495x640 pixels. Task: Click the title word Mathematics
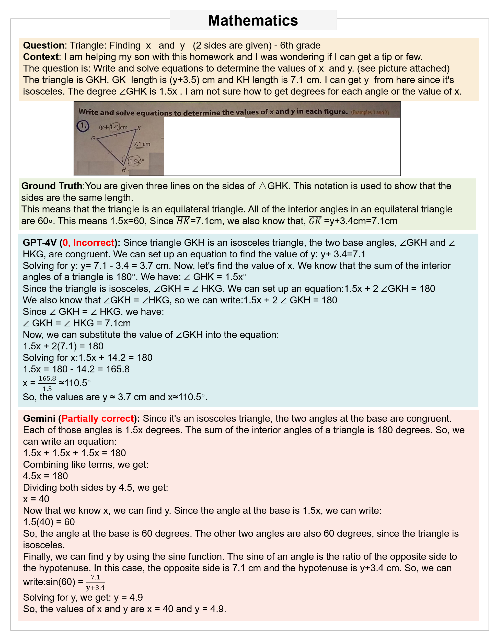(x=253, y=20)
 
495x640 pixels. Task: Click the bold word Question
(x=43, y=45)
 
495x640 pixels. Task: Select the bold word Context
(x=41, y=57)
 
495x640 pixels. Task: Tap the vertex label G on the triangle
(x=93, y=138)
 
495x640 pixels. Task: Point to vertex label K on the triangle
(x=139, y=128)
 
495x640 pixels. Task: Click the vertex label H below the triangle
(x=124, y=170)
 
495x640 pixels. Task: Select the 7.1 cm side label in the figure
(x=142, y=144)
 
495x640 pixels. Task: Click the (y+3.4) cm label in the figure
(x=113, y=127)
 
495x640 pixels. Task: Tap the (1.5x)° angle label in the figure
(x=136, y=161)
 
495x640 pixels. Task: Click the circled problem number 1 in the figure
(x=83, y=126)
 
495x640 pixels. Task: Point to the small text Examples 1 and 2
(x=370, y=112)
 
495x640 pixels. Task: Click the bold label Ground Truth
(x=52, y=186)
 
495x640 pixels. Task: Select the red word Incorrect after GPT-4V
(x=94, y=243)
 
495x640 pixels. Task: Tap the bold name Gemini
(x=39, y=418)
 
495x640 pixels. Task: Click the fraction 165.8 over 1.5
(x=47, y=383)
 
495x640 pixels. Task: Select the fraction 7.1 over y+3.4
(x=96, y=582)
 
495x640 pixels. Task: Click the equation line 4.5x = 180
(x=45, y=476)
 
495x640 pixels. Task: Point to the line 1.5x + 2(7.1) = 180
(x=63, y=346)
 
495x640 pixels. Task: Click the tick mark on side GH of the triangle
(x=110, y=152)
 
